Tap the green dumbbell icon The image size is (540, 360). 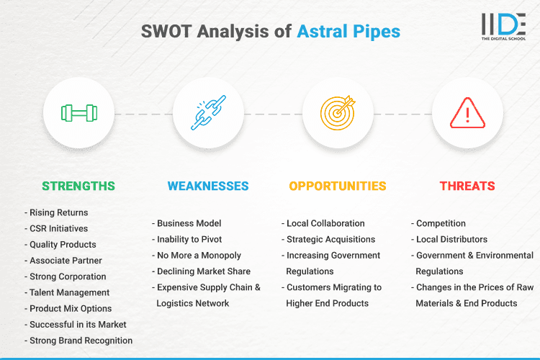[x=78, y=113]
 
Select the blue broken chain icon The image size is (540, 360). [x=207, y=113]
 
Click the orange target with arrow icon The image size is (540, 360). [x=338, y=113]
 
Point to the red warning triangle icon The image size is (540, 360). [x=467, y=113]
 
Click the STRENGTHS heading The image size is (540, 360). [x=78, y=186]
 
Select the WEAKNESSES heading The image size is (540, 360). [x=208, y=186]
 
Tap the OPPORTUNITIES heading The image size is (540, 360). [x=337, y=186]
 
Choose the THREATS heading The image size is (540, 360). [x=467, y=186]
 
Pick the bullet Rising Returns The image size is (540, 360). [x=58, y=213]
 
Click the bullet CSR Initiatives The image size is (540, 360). [x=60, y=229]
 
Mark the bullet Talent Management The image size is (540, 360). [x=69, y=292]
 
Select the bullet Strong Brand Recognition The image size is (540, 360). [x=81, y=341]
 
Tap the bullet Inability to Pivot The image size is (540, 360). [x=190, y=239]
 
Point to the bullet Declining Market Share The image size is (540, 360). [x=204, y=271]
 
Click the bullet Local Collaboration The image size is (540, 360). [x=325, y=223]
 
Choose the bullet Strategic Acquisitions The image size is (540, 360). [x=330, y=239]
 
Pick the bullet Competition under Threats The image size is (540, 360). [x=441, y=223]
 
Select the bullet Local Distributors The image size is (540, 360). [x=451, y=239]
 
